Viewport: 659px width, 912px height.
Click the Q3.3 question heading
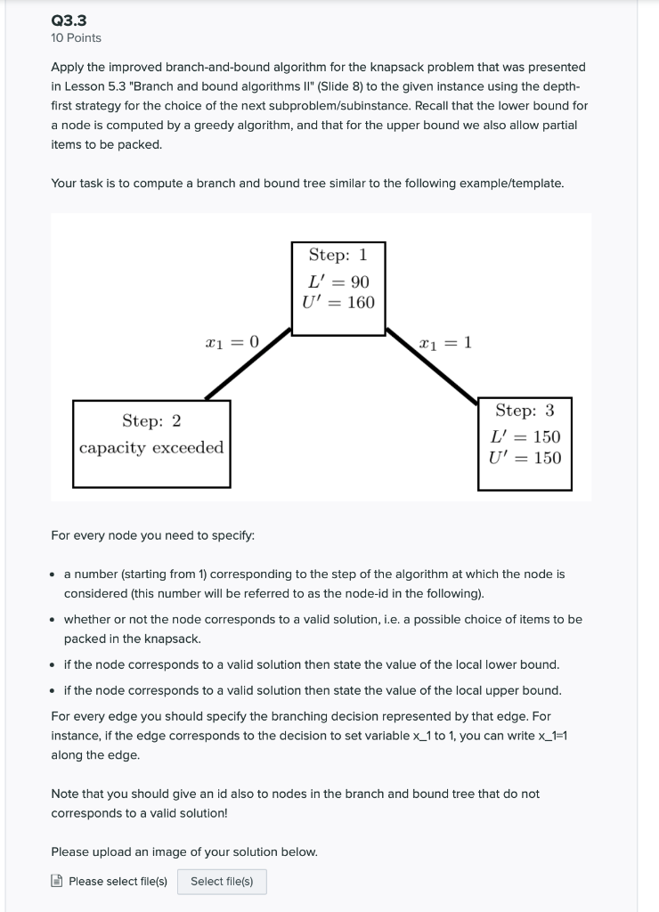(x=69, y=20)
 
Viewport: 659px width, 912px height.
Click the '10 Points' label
(x=76, y=37)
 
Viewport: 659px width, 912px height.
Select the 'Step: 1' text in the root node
(x=338, y=255)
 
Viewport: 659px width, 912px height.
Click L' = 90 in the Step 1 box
(x=338, y=281)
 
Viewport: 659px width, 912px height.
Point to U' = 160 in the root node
(x=338, y=303)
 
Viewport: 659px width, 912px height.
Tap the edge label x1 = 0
(x=232, y=342)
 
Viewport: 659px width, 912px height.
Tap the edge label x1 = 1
(x=445, y=342)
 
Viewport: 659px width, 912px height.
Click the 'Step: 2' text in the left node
(x=151, y=419)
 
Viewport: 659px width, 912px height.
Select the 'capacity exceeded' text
(x=151, y=447)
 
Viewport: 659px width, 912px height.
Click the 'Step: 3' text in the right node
(x=525, y=411)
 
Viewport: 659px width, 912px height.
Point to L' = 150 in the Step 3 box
(x=525, y=436)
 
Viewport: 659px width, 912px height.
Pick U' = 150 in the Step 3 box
(x=525, y=458)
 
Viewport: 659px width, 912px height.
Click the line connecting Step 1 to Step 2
(x=248, y=364)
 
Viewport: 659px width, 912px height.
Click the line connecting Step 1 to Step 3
(x=431, y=367)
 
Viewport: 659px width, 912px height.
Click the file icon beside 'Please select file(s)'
(x=57, y=882)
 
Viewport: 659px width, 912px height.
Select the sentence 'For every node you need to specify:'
(x=152, y=535)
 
